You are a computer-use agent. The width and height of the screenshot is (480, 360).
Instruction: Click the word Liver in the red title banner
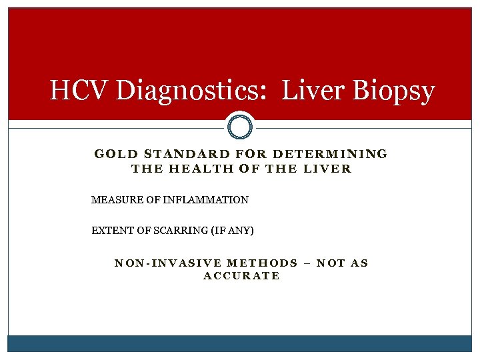(313, 91)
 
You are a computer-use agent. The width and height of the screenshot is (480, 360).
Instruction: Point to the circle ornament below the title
(240, 125)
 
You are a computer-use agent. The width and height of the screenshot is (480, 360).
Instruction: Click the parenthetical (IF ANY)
(232, 231)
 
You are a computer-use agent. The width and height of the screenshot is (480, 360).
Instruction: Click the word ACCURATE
(241, 276)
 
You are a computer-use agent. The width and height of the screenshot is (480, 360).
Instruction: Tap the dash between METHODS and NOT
(307, 263)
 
